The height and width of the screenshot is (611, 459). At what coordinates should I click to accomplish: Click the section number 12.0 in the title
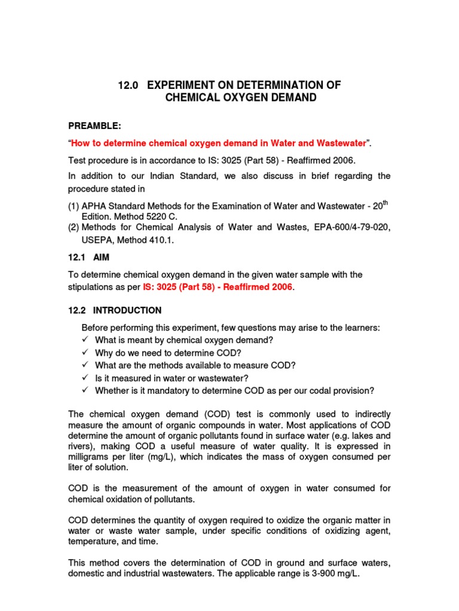[x=128, y=85]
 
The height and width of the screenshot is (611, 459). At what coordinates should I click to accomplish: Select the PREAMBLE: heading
[x=94, y=126]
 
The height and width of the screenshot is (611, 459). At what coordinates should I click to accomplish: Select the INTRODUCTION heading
[x=127, y=310]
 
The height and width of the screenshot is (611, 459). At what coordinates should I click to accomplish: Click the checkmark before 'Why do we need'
[x=86, y=353]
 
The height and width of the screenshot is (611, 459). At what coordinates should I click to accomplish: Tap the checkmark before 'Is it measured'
[x=86, y=378]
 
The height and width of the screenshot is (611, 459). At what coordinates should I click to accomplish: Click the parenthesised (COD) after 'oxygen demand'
[x=204, y=414]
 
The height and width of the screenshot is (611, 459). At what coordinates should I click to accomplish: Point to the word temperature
[x=93, y=541]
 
